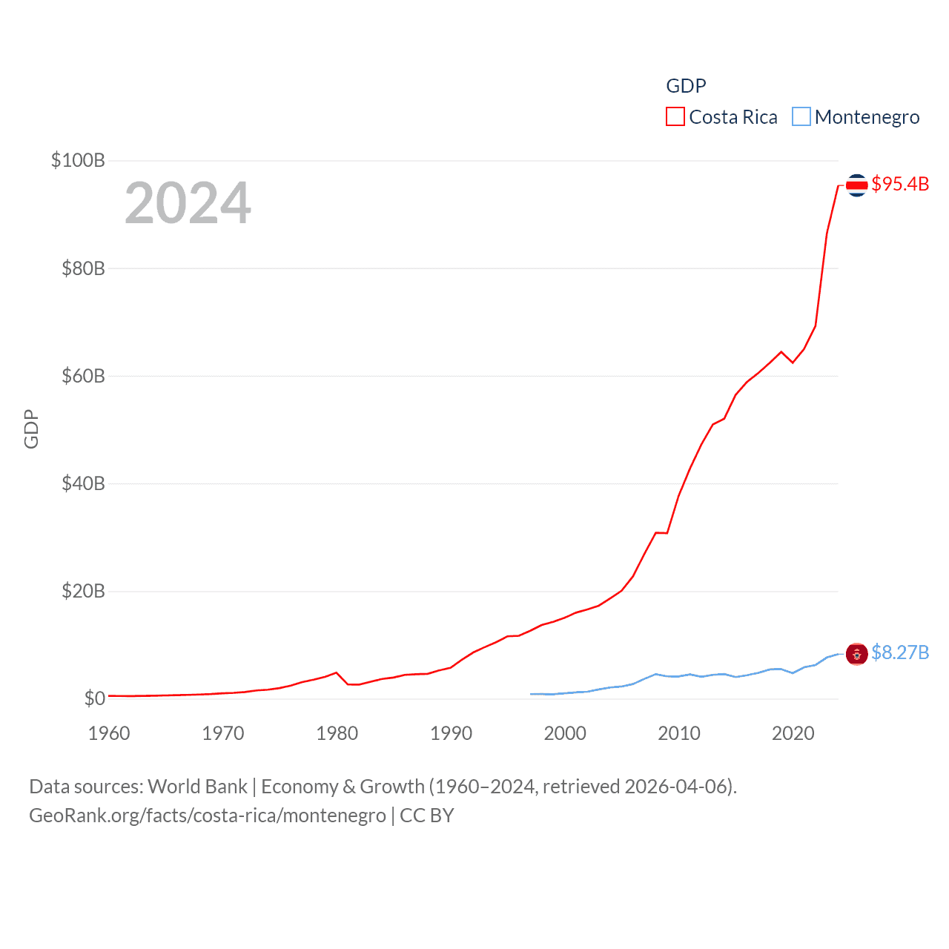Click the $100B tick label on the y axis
click(78, 160)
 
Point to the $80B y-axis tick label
click(83, 268)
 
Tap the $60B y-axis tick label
click(83, 376)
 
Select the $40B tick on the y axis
click(83, 483)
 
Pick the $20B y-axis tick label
click(83, 591)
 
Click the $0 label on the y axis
click(94, 698)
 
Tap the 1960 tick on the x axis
click(109, 733)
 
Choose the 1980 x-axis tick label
click(337, 733)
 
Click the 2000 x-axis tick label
click(565, 733)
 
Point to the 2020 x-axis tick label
click(793, 733)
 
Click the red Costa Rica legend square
click(675, 117)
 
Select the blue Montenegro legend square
click(801, 117)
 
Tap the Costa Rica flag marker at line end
click(856, 185)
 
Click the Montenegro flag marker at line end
click(856, 654)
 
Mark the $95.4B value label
click(900, 184)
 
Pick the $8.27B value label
click(900, 652)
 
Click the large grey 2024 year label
click(188, 203)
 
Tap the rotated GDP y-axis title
click(31, 429)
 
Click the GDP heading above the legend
click(686, 86)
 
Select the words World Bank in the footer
click(198, 787)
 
